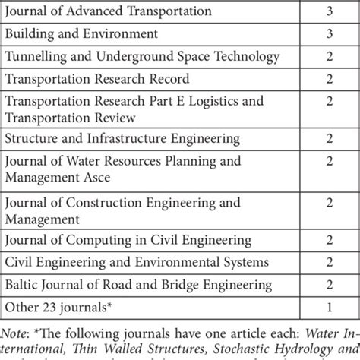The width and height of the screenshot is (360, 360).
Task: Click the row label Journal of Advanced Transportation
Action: (x=109, y=11)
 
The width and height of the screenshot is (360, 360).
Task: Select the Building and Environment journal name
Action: (x=81, y=33)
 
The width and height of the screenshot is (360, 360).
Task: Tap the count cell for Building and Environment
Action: (x=329, y=33)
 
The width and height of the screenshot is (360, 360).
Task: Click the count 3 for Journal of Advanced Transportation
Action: (x=329, y=11)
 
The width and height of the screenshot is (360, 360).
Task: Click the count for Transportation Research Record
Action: (x=329, y=78)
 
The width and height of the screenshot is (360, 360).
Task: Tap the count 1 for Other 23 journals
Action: (x=329, y=308)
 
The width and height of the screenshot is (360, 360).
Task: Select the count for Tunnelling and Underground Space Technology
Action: (x=329, y=56)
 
